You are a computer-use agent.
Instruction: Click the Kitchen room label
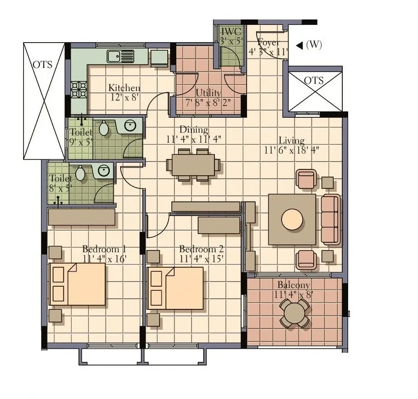(124, 87)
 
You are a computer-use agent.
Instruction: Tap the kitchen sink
(121, 57)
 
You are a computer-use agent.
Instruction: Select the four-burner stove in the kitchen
(79, 90)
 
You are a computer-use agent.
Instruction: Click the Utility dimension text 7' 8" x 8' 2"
(208, 102)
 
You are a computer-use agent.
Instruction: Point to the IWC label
(231, 31)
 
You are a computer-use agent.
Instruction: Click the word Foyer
(268, 43)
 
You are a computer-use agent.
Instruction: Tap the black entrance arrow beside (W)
(300, 46)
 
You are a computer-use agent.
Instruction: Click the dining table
(193, 165)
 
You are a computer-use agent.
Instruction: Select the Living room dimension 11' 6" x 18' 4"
(292, 150)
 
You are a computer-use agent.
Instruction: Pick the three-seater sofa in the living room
(331, 219)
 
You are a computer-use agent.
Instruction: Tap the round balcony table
(294, 313)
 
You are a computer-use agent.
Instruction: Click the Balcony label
(293, 285)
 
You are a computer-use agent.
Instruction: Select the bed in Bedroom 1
(77, 284)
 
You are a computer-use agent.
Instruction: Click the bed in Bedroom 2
(175, 288)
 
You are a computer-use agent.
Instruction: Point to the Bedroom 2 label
(201, 249)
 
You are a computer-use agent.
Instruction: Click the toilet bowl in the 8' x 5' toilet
(80, 173)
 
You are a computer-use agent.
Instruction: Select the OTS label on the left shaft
(42, 65)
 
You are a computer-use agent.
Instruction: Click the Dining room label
(194, 130)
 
